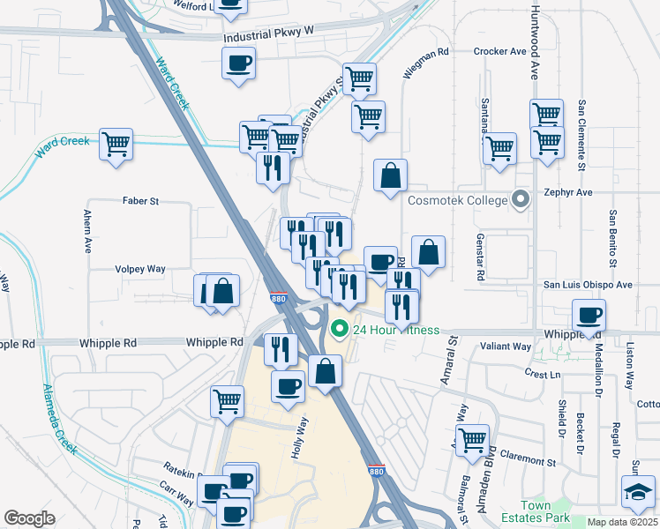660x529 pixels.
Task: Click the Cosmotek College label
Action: point(457,200)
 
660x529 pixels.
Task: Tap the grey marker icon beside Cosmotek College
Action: point(521,200)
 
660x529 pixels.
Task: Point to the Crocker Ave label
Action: point(499,52)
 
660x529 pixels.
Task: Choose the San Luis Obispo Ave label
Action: point(587,285)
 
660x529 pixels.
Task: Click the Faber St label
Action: point(141,201)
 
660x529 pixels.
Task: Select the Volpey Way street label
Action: point(140,268)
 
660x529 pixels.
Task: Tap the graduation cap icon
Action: point(638,490)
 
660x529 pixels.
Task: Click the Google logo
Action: point(29,518)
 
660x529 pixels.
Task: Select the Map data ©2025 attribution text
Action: point(622,522)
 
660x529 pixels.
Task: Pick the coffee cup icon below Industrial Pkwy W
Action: point(239,63)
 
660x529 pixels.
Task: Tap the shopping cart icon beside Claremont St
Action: point(473,437)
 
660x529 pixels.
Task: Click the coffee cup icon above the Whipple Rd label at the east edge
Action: point(589,314)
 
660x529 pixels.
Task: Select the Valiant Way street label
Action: point(506,347)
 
